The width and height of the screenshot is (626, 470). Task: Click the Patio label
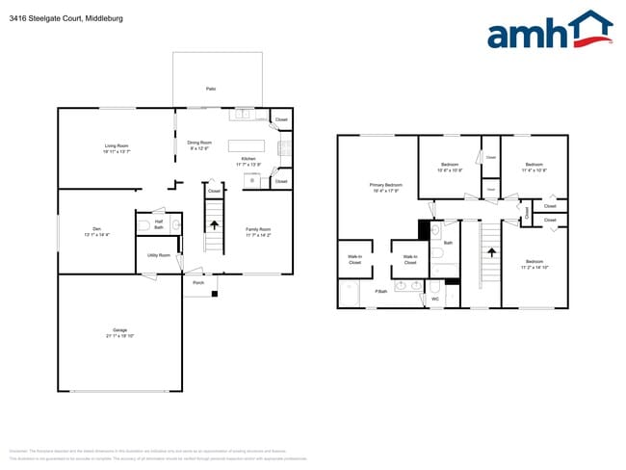click(210, 89)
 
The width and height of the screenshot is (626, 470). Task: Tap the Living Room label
click(117, 149)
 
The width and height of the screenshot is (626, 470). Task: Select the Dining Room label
click(199, 145)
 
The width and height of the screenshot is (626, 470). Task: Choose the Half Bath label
click(159, 224)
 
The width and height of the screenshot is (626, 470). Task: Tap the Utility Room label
click(159, 255)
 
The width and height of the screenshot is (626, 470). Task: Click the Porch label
click(198, 283)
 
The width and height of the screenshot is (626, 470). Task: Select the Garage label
click(119, 333)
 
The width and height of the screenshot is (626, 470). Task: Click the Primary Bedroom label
click(385, 187)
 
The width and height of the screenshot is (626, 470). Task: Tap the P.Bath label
click(381, 291)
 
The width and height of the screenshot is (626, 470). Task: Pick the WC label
click(434, 299)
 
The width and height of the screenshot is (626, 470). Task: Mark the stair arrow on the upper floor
click(491, 253)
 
